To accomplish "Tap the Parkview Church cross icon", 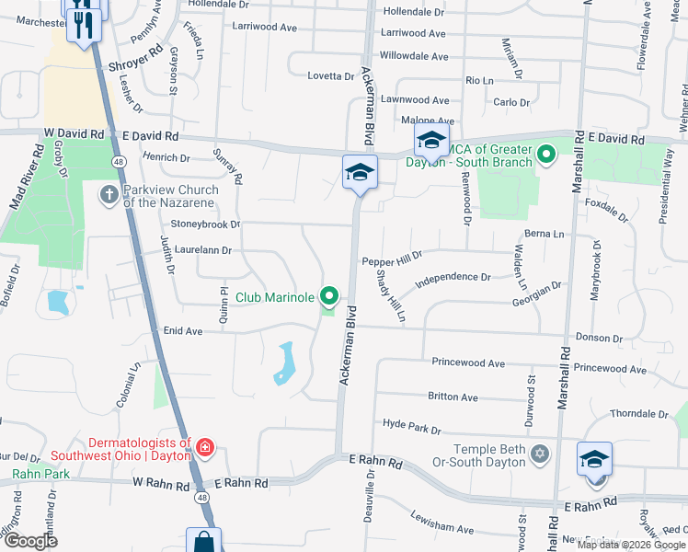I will (x=109, y=194).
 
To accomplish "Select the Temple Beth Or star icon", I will (x=540, y=453).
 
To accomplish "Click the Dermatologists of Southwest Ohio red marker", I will (x=204, y=448).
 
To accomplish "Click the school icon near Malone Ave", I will (x=430, y=141).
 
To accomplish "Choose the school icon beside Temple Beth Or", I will (x=594, y=458).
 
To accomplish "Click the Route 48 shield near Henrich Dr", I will (x=120, y=160).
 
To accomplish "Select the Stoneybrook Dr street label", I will (x=204, y=224).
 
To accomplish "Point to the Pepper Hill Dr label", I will (x=391, y=261).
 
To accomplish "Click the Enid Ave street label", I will (x=182, y=330).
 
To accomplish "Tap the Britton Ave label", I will (x=453, y=397).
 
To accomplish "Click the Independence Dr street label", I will (x=453, y=277).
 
